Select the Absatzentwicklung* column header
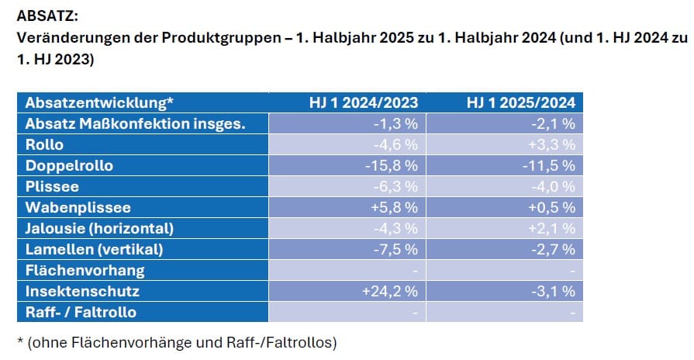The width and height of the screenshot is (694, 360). pyautogui.click(x=99, y=102)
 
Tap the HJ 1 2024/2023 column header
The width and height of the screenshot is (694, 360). pyautogui.click(x=364, y=102)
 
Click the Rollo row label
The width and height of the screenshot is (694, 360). pyautogui.click(x=45, y=144)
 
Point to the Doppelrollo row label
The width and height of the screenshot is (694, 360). pyautogui.click(x=69, y=165)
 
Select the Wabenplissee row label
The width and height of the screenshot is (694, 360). pyautogui.click(x=78, y=207)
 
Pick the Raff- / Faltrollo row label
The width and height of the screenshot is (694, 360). pyautogui.click(x=81, y=313)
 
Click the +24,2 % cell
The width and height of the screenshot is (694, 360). pyautogui.click(x=390, y=292)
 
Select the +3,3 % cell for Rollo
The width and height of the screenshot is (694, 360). pyautogui.click(x=552, y=144)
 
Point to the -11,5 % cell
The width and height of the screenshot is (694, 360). pyautogui.click(x=551, y=165)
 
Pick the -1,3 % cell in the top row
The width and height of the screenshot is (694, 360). pyautogui.click(x=397, y=123)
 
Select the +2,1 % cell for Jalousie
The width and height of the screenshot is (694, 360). pyautogui.click(x=552, y=229)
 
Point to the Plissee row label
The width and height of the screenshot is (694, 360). pyautogui.click(x=52, y=186)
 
